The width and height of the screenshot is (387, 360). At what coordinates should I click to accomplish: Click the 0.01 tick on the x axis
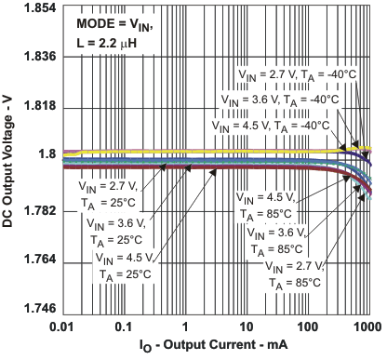[x=63, y=328]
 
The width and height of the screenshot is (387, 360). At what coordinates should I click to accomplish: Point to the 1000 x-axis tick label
[x=367, y=328]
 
